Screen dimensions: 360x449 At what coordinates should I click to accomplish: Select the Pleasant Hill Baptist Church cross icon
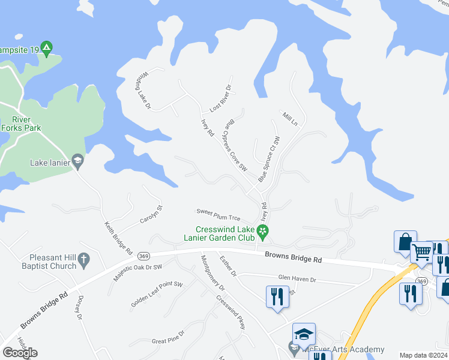click(x=84, y=260)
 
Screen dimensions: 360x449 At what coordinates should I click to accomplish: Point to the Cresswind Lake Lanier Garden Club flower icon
click(x=262, y=230)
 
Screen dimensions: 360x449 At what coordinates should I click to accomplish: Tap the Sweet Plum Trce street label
click(x=218, y=214)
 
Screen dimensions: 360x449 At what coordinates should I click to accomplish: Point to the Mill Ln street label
click(x=290, y=118)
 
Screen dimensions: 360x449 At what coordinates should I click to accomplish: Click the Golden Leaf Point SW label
click(x=157, y=295)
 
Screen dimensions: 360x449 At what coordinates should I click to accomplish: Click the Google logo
click(x=20, y=353)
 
